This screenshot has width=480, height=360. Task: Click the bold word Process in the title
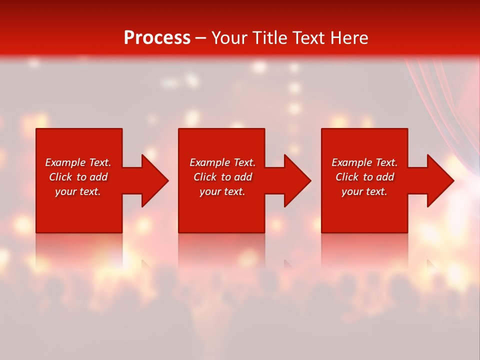(157, 38)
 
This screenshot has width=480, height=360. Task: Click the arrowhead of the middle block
(297, 180)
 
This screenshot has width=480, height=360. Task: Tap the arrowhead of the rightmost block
(440, 180)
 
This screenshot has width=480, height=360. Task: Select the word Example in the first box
(65, 162)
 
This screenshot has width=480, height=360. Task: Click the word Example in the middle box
(209, 162)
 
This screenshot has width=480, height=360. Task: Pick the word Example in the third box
(351, 162)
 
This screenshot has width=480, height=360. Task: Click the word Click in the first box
(61, 177)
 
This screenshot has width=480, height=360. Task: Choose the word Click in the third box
(347, 177)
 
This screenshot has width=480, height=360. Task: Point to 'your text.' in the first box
(78, 191)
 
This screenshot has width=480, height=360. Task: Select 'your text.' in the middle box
(222, 191)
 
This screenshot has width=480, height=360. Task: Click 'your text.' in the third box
(364, 191)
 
